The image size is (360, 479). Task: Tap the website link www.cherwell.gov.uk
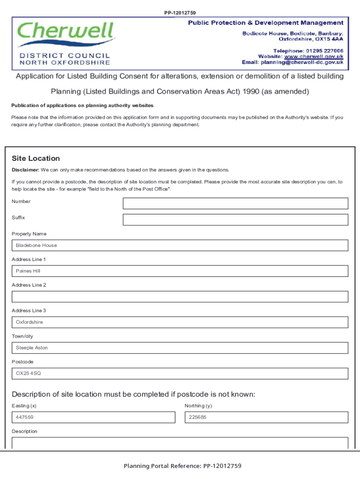pyautogui.click(x=314, y=56)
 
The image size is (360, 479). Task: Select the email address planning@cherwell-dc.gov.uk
pyautogui.click(x=302, y=62)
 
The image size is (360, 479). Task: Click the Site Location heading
pyautogui.click(x=36, y=159)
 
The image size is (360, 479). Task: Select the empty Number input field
pyautogui.click(x=235, y=203)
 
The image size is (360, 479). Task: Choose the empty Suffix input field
pyautogui.click(x=235, y=220)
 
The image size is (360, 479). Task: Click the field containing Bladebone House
pyautogui.click(x=180, y=246)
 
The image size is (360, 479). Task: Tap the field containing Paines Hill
pyautogui.click(x=180, y=271)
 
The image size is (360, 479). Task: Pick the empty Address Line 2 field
pyautogui.click(x=180, y=297)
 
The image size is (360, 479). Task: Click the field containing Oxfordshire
pyautogui.click(x=180, y=322)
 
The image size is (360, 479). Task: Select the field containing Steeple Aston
pyautogui.click(x=180, y=348)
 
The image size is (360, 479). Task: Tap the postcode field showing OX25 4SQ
pyautogui.click(x=180, y=374)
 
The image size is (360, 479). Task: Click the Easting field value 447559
pyautogui.click(x=94, y=417)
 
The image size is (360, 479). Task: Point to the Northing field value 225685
pyautogui.click(x=266, y=417)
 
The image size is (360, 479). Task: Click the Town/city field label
pyautogui.click(x=22, y=336)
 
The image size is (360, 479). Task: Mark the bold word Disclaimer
pyautogui.click(x=25, y=170)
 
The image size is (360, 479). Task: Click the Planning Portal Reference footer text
pyautogui.click(x=182, y=466)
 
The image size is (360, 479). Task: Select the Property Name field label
pyautogui.click(x=29, y=234)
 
